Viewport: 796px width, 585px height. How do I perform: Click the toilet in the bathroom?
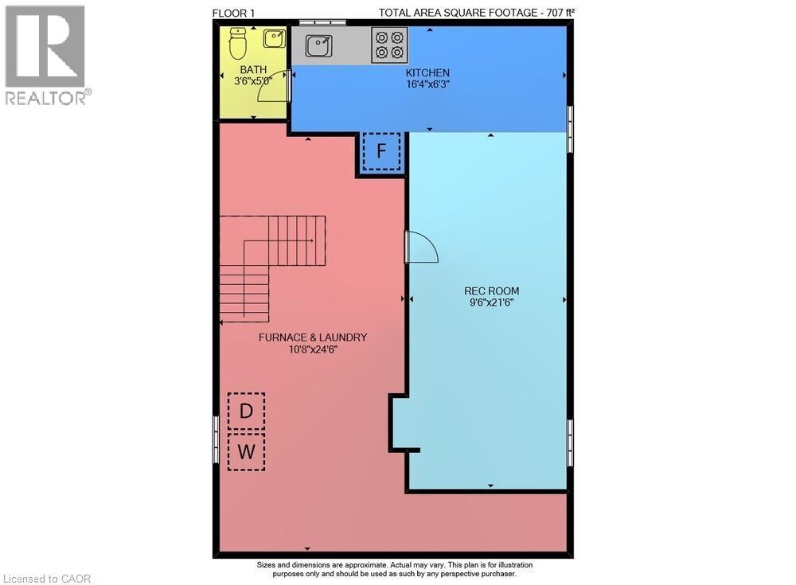[237, 44]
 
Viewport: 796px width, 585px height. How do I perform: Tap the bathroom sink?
[275, 38]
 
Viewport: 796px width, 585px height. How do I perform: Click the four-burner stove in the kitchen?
[389, 45]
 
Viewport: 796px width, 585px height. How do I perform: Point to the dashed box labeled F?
[381, 151]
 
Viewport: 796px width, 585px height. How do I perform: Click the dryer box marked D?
[247, 411]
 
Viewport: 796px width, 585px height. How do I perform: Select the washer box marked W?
[247, 451]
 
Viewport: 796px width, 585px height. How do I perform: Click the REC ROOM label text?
[491, 291]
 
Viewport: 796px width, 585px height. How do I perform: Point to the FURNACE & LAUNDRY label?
[313, 337]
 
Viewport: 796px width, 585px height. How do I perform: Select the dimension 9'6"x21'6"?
[491, 302]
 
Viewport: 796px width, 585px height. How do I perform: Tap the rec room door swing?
[421, 247]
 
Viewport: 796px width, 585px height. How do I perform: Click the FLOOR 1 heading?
[235, 12]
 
